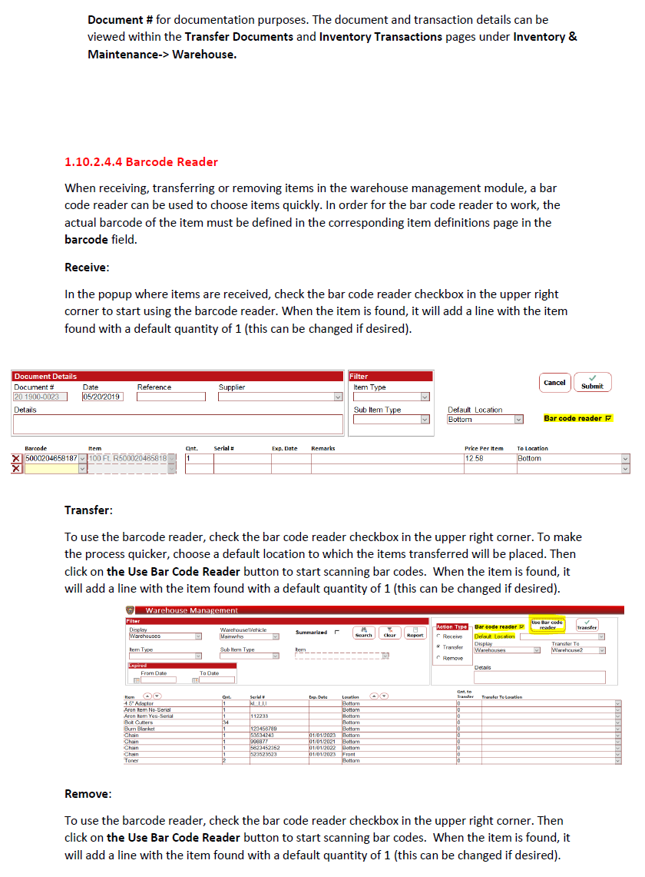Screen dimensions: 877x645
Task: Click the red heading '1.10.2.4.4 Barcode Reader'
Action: tap(141, 162)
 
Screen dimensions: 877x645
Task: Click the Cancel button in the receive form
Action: tap(554, 383)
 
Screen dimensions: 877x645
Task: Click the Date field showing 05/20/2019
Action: tap(103, 397)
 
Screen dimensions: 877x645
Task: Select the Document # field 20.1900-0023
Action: tap(41, 397)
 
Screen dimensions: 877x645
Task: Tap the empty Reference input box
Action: tap(171, 397)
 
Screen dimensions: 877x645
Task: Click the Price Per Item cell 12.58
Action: tap(488, 459)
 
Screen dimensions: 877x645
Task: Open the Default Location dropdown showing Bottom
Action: tap(485, 420)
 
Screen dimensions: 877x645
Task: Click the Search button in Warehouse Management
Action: tap(363, 633)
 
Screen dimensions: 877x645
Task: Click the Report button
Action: tap(415, 633)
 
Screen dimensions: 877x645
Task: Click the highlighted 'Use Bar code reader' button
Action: tap(547, 625)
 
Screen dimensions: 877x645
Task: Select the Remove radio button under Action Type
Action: tap(439, 658)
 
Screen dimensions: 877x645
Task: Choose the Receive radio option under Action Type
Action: tap(439, 636)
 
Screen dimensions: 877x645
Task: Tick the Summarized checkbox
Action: tap(336, 633)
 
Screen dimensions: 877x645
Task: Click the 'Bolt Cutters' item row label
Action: tap(138, 723)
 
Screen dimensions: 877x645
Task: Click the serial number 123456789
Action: tap(264, 729)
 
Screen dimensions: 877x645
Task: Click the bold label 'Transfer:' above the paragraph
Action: tap(88, 510)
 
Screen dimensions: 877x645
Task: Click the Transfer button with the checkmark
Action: tap(587, 625)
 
